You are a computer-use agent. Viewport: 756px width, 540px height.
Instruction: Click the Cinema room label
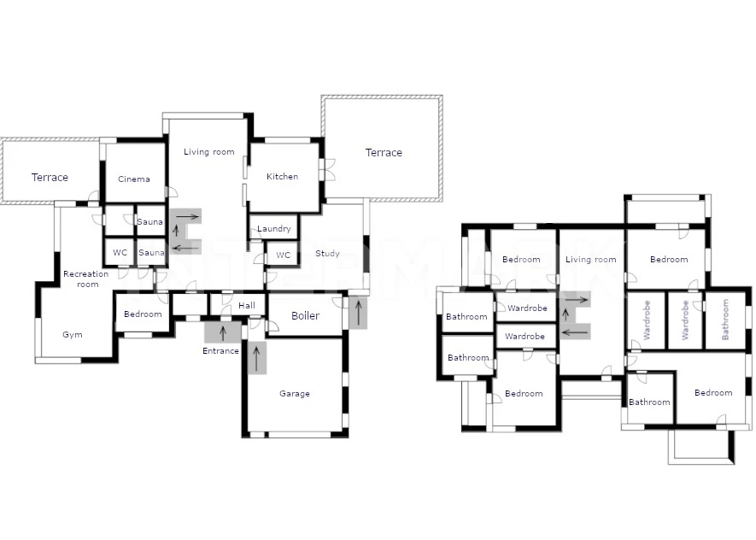click(x=134, y=179)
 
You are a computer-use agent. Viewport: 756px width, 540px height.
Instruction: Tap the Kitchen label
click(x=282, y=177)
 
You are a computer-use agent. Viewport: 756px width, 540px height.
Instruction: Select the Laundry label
click(x=274, y=228)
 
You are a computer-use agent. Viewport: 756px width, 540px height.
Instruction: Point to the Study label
click(x=327, y=253)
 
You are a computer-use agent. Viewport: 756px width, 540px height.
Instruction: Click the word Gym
click(x=73, y=335)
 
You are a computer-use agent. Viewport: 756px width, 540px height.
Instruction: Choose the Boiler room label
click(x=305, y=316)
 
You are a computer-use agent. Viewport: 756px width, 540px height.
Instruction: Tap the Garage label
click(x=295, y=393)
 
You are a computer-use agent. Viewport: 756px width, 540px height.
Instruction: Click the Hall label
click(x=246, y=305)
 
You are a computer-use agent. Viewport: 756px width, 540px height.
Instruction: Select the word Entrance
click(x=221, y=351)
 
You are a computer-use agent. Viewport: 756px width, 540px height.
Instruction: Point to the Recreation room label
click(x=86, y=279)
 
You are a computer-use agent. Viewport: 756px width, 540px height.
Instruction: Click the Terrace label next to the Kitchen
click(x=384, y=153)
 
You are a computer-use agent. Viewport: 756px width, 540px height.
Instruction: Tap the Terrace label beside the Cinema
click(x=50, y=178)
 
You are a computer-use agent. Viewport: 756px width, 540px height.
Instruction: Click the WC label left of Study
click(x=283, y=255)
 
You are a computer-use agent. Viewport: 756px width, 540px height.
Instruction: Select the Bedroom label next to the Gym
click(x=143, y=314)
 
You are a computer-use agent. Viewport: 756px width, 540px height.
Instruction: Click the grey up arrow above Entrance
click(x=223, y=332)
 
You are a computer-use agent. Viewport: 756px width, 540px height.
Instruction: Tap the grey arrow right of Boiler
click(x=358, y=313)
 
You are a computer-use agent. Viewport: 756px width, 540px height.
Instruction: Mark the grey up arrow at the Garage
click(x=256, y=358)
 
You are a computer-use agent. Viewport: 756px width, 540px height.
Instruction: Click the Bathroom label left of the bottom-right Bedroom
click(x=649, y=402)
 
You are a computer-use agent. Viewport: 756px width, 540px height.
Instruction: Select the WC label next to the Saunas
click(x=120, y=253)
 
